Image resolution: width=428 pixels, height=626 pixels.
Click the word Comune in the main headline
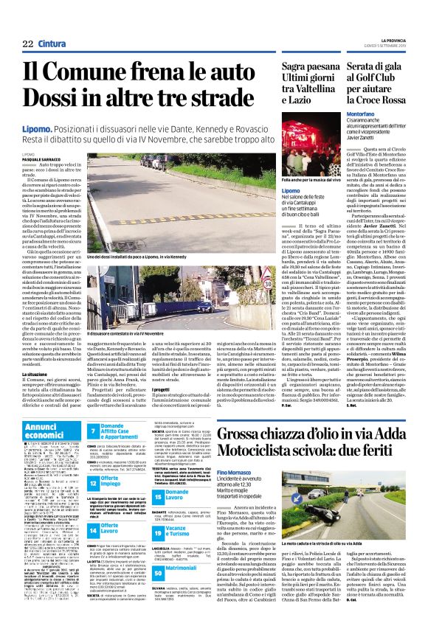click(86, 74)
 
